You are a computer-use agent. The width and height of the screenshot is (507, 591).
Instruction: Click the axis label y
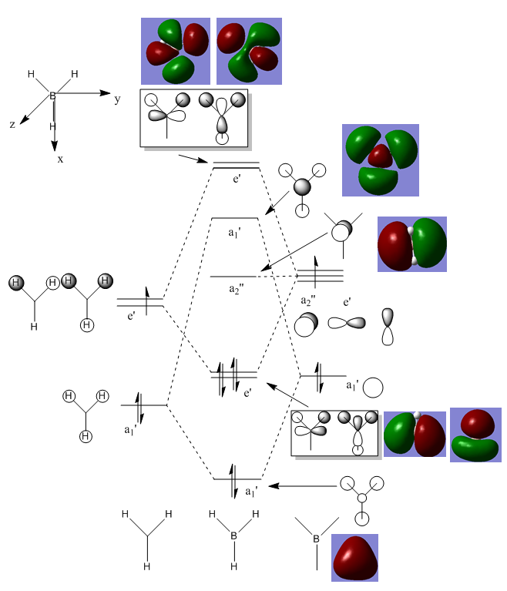[118, 99]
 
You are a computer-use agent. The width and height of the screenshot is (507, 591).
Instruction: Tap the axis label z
[13, 124]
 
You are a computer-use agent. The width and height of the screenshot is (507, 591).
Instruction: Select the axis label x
[60, 159]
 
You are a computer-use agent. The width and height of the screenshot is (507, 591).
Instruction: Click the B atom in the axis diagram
[52, 96]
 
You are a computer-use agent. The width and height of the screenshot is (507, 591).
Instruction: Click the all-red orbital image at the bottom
[354, 558]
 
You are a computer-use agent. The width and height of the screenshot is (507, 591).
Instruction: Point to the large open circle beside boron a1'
[374, 386]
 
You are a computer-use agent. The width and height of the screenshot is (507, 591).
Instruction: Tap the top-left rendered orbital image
[176, 51]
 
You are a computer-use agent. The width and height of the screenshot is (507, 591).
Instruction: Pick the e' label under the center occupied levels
[247, 393]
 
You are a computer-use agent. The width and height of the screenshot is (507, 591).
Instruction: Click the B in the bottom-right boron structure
[316, 538]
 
